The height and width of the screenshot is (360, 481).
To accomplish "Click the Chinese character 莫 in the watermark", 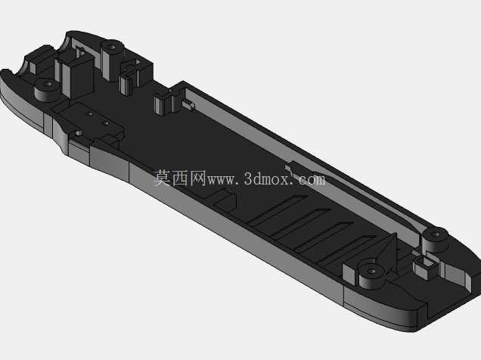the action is coord(162,178).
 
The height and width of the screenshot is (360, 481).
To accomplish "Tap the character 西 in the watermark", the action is coord(180,178).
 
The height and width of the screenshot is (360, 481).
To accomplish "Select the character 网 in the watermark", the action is coord(197,178).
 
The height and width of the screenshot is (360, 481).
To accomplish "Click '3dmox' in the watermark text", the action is coord(266,178).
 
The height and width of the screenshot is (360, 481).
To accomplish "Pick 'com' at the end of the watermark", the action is coord(311,180).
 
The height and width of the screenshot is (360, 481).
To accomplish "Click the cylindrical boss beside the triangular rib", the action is coord(371,275).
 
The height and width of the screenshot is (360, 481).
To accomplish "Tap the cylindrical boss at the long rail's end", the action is coord(435,240).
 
